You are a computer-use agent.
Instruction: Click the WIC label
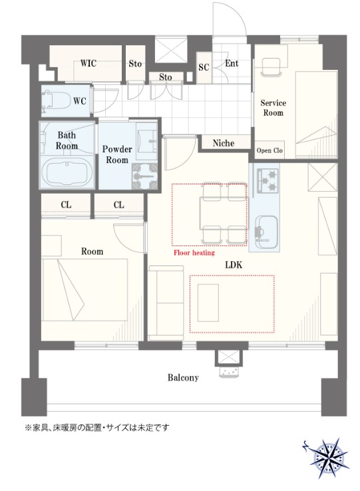pyautogui.click(x=88, y=63)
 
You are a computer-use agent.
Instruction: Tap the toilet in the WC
pyautogui.click(x=57, y=100)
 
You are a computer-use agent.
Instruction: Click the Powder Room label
pyautogui.click(x=117, y=154)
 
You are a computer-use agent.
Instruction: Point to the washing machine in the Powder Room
pyautogui.click(x=144, y=176)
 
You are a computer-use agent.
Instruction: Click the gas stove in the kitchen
pyautogui.click(x=268, y=180)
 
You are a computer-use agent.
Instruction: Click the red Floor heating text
pyautogui.click(x=194, y=253)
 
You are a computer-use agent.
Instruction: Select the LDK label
pyautogui.click(x=234, y=265)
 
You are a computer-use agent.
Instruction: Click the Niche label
pyautogui.click(x=224, y=143)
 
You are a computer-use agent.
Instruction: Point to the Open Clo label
pyautogui.click(x=270, y=150)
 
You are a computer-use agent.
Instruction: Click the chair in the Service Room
pyautogui.click(x=271, y=67)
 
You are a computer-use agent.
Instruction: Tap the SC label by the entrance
pyautogui.click(x=204, y=67)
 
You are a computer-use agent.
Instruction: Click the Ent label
pyautogui.click(x=232, y=63)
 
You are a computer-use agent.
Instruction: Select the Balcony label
pyautogui.click(x=183, y=377)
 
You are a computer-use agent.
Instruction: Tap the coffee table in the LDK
pyautogui.click(x=208, y=303)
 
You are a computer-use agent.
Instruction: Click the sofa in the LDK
pyautogui.click(x=166, y=303)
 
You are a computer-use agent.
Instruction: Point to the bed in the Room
pyautogui.click(x=85, y=289)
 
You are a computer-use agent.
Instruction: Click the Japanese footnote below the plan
pyautogui.click(x=96, y=427)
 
